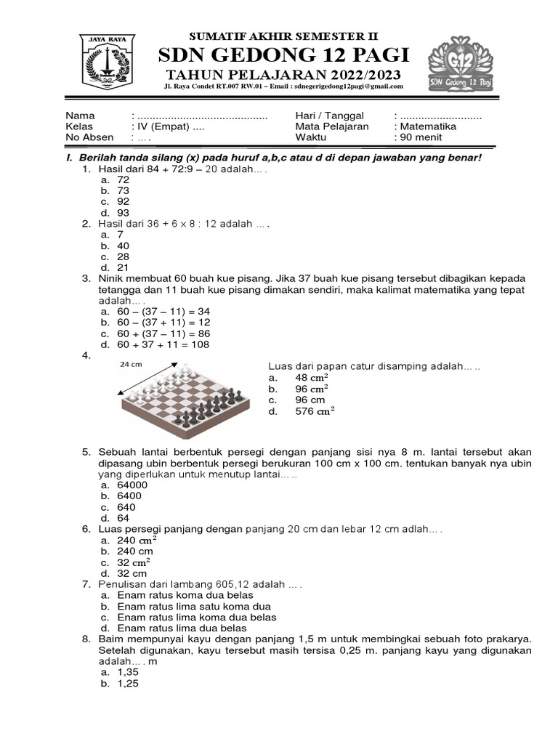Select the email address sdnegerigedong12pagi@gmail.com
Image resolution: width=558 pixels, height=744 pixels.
coord(347,86)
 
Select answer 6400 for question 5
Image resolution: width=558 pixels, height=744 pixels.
coord(129,496)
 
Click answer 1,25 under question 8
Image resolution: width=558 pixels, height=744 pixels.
coord(127,683)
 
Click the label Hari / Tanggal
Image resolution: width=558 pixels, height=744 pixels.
coord(328,116)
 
